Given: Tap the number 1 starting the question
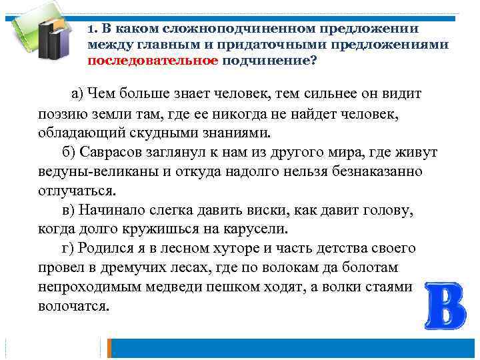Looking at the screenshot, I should [x=91, y=29].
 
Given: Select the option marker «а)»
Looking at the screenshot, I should [x=79, y=93].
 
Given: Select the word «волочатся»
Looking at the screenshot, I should [x=73, y=306].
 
